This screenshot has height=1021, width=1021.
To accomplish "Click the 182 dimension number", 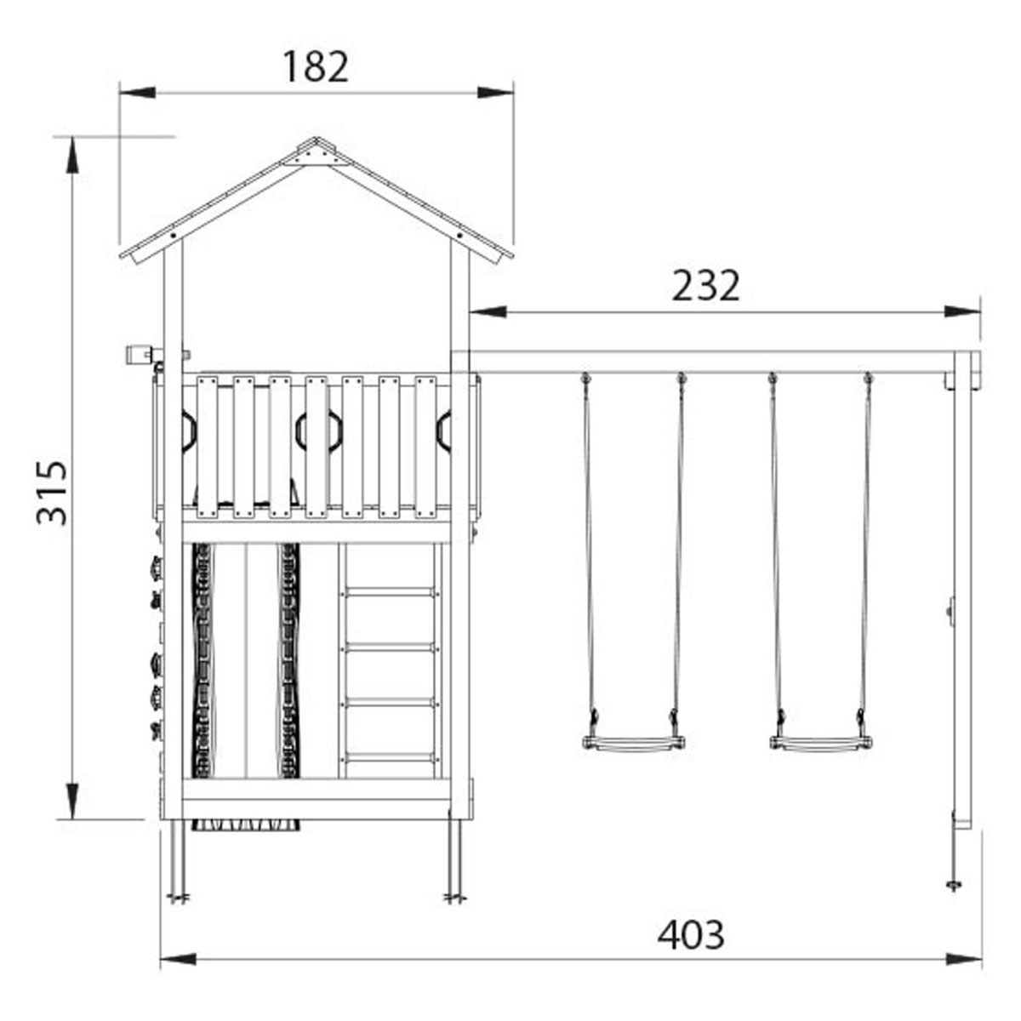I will pos(316,67).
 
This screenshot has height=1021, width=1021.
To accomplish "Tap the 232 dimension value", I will pos(706,287).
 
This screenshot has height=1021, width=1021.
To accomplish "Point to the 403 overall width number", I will pos(691,934).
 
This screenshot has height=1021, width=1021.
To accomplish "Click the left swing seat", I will pos(634,744).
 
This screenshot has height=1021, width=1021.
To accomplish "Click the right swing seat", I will pos(820,744).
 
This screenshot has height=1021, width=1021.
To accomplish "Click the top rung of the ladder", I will pos(390,592).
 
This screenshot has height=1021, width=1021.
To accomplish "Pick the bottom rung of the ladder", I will pos(390,756).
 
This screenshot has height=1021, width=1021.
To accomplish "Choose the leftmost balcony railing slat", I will pos(207,447).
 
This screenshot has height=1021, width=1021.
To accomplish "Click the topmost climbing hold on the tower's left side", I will pos(155,565).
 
